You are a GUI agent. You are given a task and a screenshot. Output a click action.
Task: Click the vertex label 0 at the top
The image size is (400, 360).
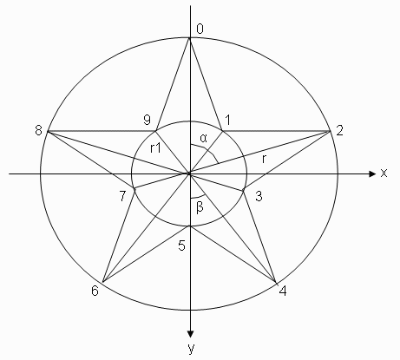tap(200, 29)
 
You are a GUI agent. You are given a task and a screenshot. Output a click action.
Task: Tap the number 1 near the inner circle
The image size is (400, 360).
tap(227, 120)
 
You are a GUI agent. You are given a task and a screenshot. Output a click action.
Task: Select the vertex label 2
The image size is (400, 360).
tap(339, 130)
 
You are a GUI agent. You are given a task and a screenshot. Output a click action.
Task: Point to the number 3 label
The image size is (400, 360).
tap(259, 196)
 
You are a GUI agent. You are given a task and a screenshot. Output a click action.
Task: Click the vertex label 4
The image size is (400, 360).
tap(283, 291)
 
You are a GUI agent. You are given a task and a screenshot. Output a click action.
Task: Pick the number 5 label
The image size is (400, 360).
tap(181, 245)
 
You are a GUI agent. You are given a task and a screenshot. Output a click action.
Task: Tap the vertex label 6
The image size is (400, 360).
tap(95, 291)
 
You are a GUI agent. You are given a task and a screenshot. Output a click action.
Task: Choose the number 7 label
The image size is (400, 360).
tap(122, 196)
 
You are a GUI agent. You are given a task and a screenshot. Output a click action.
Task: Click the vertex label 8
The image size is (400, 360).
tap(38, 130)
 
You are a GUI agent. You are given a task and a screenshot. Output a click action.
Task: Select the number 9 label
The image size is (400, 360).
tap(148, 120)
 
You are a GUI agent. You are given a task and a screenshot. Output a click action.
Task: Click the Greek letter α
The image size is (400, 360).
tap(204, 139)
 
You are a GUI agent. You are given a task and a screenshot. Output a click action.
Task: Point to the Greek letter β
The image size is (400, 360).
tap(200, 207)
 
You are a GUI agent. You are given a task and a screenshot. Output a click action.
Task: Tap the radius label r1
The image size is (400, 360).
tap(155, 148)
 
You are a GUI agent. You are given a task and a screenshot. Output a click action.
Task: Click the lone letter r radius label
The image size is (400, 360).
tap(264, 159)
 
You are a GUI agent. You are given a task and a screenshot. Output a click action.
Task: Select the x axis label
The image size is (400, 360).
tap(384, 173)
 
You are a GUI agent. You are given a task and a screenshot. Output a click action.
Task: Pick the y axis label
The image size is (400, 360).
tap(191, 348)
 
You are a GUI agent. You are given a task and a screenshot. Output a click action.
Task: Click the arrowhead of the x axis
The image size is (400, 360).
tap(372, 173)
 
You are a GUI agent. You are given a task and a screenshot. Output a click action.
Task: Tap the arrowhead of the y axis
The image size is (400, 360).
tap(190, 334)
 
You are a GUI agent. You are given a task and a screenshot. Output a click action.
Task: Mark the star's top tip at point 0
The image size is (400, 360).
tap(190, 38)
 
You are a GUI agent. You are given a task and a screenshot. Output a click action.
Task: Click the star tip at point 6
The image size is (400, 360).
tap(103, 282)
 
